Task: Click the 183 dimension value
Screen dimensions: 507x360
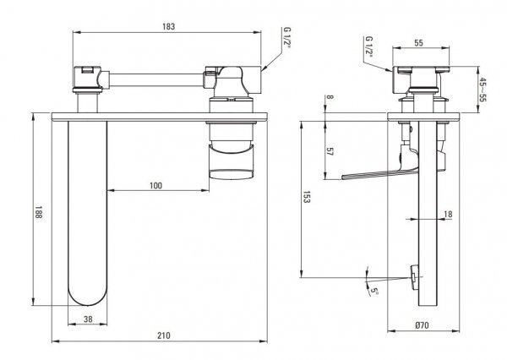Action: pyautogui.click(x=168, y=26)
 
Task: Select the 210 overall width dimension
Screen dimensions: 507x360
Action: pyautogui.click(x=164, y=335)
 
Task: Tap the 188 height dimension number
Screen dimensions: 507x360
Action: pyautogui.click(x=39, y=212)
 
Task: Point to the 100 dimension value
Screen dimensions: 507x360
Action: pyautogui.click(x=155, y=186)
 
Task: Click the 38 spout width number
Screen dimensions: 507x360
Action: pyautogui.click(x=88, y=319)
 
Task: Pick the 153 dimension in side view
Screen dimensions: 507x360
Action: pyautogui.click(x=306, y=197)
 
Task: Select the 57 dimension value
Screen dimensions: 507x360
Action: pyautogui.click(x=330, y=152)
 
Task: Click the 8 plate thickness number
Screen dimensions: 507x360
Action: pyautogui.click(x=330, y=97)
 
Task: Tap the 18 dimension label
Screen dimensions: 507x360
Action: pyautogui.click(x=448, y=214)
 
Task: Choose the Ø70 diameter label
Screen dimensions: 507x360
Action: pyautogui.click(x=422, y=325)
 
